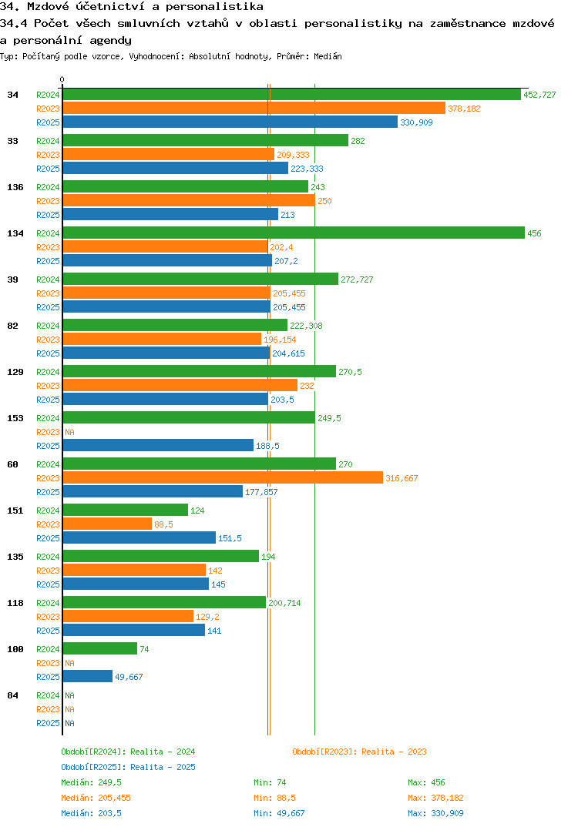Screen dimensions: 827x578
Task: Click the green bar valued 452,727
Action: coord(291,95)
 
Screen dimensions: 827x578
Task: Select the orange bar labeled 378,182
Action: coord(254,109)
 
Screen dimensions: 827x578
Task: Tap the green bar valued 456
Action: coord(293,233)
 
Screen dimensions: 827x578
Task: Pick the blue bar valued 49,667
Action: coord(87,677)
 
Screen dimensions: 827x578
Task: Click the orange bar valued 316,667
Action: coord(222,478)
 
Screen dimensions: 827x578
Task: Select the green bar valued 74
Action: coord(99,649)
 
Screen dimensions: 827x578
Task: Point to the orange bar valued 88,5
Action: coord(107,524)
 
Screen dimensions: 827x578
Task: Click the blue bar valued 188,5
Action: coord(158,446)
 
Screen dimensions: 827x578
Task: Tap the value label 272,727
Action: coord(357,280)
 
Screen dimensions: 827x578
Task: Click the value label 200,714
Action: coord(284,603)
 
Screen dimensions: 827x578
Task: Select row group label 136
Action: coord(15,187)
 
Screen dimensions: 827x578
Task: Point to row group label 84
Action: coord(12,695)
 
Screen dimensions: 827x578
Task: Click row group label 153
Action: coord(15,418)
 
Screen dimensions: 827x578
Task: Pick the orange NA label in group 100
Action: coord(69,663)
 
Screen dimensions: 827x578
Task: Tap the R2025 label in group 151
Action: coord(48,538)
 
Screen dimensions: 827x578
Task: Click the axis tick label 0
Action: coord(62,79)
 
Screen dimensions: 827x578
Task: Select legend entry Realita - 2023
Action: coord(359,752)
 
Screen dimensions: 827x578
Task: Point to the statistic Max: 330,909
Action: coord(435,813)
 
